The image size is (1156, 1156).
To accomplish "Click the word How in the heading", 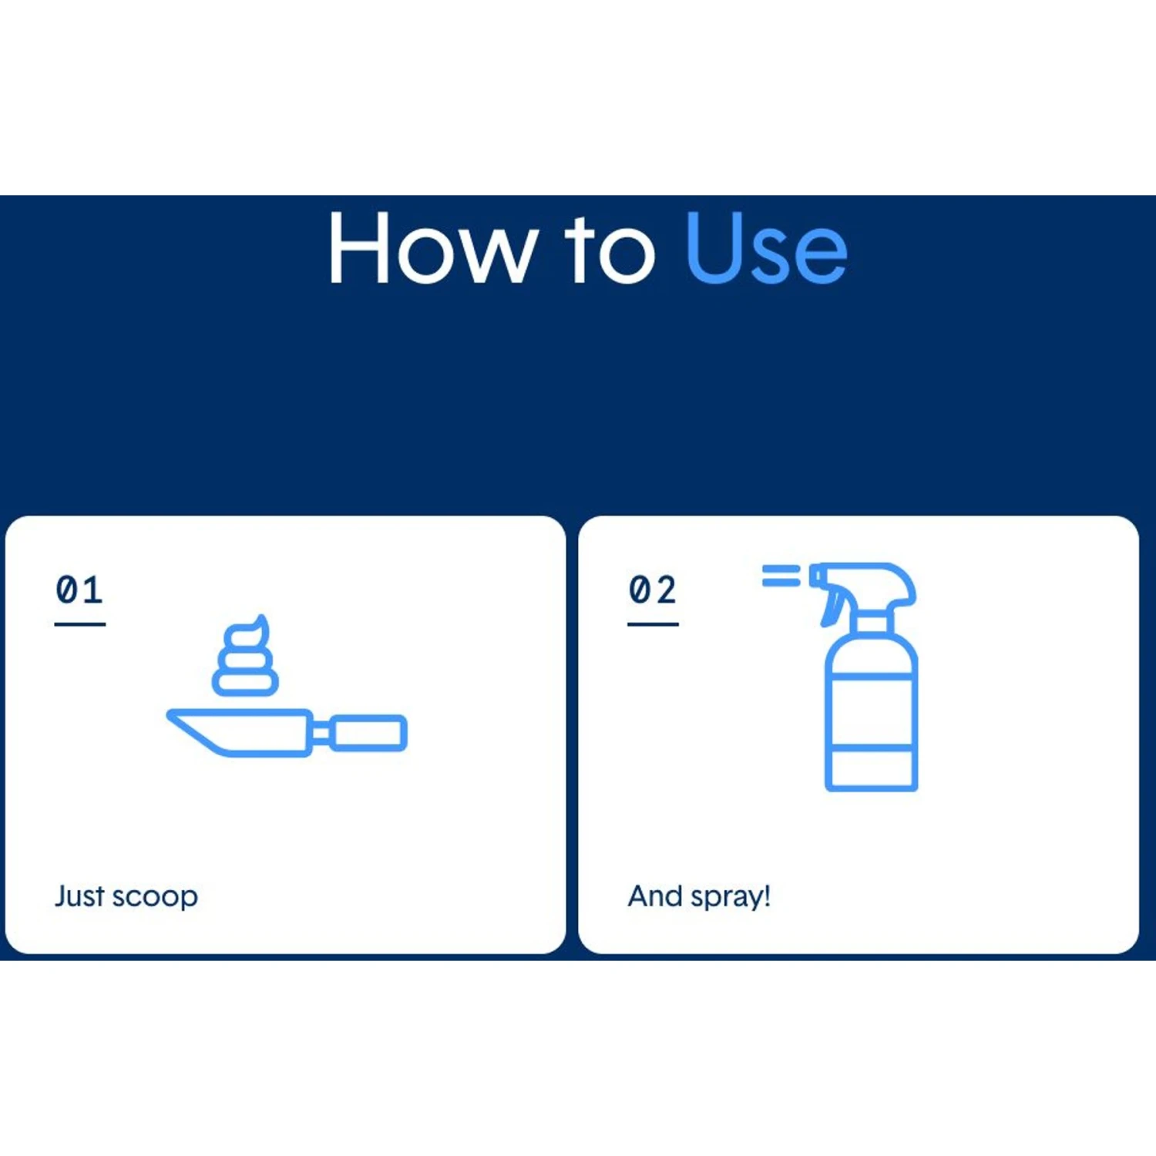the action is tap(432, 248).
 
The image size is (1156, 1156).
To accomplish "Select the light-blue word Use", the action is tap(766, 248).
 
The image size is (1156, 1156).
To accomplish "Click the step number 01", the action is tap(79, 590).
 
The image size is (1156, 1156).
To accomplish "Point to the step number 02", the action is tap(653, 590).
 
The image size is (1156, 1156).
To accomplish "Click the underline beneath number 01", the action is tap(80, 623).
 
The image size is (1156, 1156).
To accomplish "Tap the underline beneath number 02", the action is tap(653, 623).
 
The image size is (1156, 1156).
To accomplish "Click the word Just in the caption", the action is tap(79, 896).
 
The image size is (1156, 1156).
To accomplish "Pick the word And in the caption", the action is tap(655, 896).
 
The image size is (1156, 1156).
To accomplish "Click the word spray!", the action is tap(731, 899).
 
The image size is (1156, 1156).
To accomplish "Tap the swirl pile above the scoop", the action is tap(246, 657).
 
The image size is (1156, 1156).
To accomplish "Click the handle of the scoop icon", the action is tap(368, 732).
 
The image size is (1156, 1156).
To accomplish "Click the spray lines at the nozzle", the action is tap(781, 576).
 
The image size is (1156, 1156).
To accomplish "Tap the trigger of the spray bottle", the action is tap(831, 606).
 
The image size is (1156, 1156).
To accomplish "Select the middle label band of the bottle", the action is tap(871, 712).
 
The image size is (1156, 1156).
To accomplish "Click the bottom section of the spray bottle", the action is tap(871, 769).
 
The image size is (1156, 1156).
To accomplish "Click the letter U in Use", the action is tap(714, 248).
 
